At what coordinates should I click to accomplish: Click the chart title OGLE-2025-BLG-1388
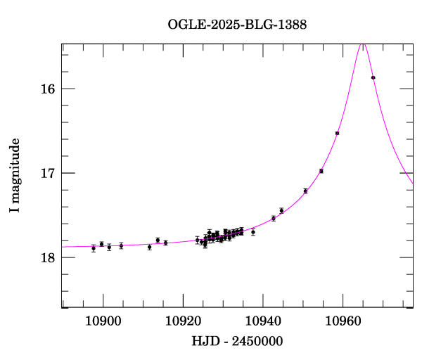[x=237, y=25]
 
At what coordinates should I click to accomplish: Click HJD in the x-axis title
[x=205, y=341]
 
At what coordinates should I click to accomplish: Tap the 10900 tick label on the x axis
[x=103, y=323]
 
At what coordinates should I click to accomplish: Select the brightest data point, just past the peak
[x=373, y=77]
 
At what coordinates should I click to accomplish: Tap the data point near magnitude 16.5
[x=338, y=133]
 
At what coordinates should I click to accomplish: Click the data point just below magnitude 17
[x=321, y=171]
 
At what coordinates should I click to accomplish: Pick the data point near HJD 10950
[x=305, y=191]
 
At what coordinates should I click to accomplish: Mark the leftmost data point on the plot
[x=94, y=248]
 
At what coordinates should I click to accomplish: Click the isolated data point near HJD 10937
[x=253, y=231]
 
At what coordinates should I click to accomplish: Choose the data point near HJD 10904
[x=121, y=245]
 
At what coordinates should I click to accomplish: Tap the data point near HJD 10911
[x=150, y=247]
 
